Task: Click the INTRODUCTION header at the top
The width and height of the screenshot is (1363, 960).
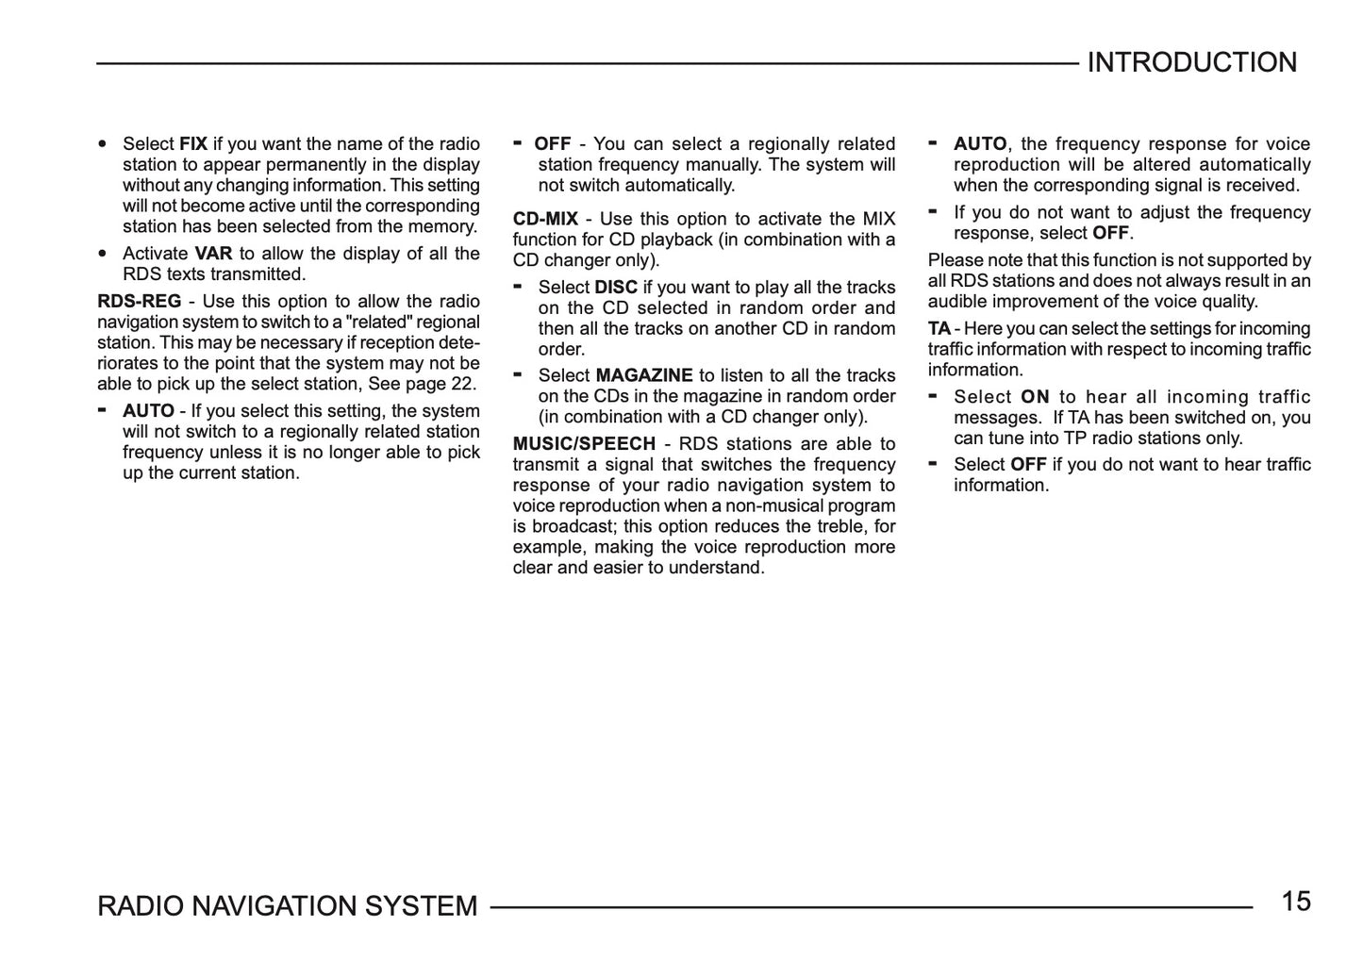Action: point(1191,63)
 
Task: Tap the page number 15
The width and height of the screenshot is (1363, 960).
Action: point(1296,902)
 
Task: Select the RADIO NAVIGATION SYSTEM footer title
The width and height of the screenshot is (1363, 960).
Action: point(288,906)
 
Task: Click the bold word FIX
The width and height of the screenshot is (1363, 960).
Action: point(193,144)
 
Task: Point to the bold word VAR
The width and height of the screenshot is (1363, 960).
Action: point(213,254)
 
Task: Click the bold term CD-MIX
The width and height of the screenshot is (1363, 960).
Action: point(545,220)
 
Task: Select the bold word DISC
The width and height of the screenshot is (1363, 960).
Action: point(616,288)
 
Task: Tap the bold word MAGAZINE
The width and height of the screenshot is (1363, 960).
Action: point(644,375)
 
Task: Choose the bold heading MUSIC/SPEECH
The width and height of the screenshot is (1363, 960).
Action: point(584,444)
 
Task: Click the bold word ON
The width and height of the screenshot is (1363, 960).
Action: point(1035,397)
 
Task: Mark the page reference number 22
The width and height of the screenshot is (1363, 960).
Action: point(463,384)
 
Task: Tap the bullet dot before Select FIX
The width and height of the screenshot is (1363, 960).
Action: point(102,145)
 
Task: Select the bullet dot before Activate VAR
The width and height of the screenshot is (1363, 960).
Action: point(102,255)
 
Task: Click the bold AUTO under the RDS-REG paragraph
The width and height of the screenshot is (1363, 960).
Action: point(148,411)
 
